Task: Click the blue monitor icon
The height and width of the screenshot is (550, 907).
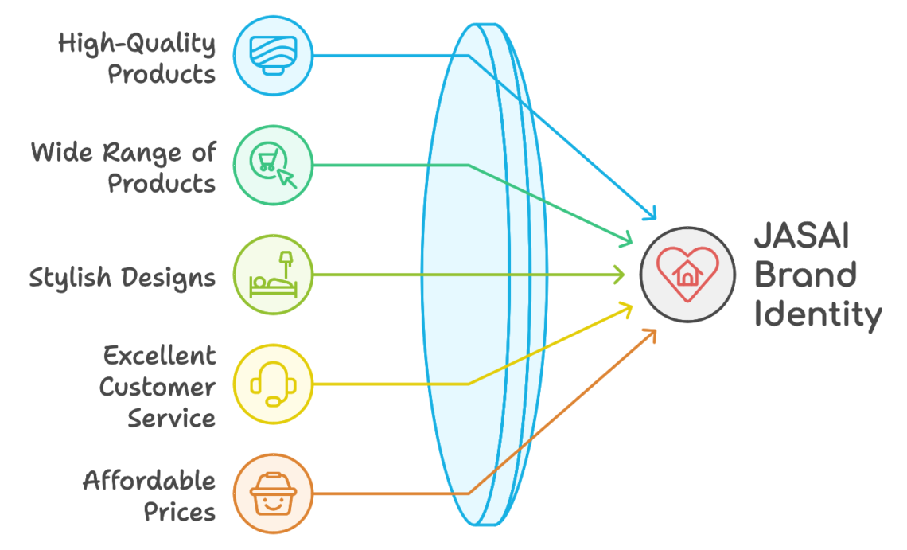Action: [x=273, y=56]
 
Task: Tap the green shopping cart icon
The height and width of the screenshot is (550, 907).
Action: [x=273, y=165]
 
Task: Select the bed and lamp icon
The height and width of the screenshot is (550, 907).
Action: [x=273, y=275]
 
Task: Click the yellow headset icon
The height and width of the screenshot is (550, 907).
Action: [x=273, y=384]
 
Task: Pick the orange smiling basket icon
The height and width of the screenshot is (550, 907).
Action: [x=273, y=493]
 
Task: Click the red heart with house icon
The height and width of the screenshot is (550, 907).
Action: [x=687, y=275]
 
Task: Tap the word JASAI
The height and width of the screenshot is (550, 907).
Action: [x=802, y=236]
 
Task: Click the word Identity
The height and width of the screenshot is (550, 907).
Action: [x=818, y=315]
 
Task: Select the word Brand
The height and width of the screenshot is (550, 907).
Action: [x=805, y=275]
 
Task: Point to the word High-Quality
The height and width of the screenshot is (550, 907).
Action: [x=137, y=44]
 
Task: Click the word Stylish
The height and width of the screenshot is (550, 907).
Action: [x=70, y=278]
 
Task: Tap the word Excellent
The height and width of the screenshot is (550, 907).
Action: [x=160, y=356]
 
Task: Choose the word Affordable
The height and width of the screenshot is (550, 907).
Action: [x=150, y=481]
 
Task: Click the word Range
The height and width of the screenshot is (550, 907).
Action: [x=142, y=154]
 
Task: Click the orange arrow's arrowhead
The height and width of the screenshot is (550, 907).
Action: [x=651, y=336]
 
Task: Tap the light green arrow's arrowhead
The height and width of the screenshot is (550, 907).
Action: [x=619, y=275]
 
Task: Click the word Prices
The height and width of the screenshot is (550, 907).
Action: [x=179, y=513]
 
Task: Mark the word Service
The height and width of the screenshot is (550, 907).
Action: [x=172, y=418]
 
